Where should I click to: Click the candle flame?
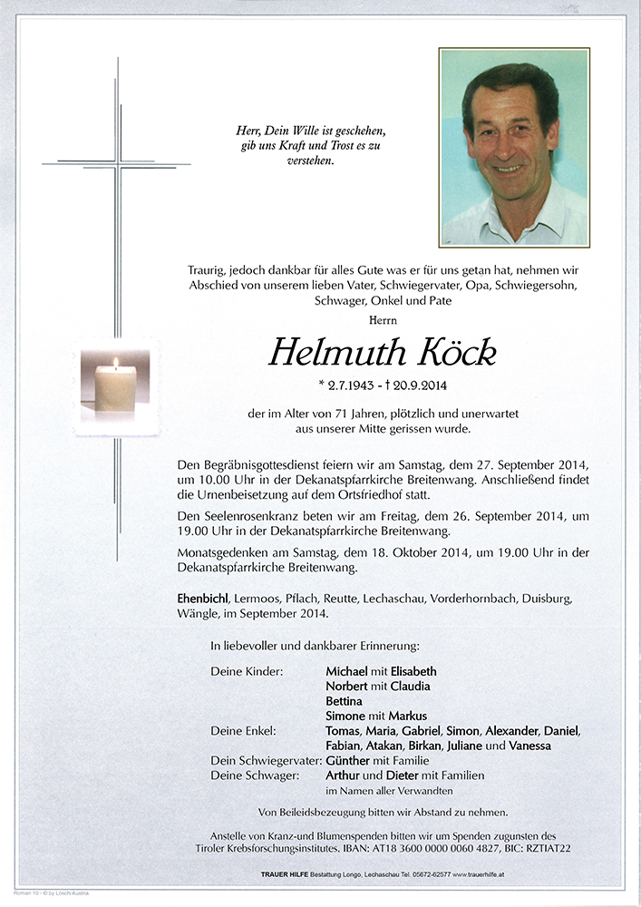(115, 363)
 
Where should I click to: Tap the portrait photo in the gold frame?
(514, 147)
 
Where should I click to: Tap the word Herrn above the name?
(384, 320)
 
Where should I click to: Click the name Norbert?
(349, 686)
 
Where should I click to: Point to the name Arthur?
(343, 775)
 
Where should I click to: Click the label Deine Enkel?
(244, 731)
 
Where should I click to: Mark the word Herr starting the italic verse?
(248, 131)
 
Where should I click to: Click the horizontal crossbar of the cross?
(116, 164)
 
